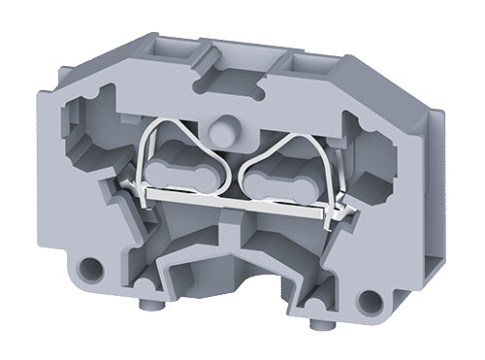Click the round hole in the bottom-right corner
[369, 300]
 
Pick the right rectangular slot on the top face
[309, 66]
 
